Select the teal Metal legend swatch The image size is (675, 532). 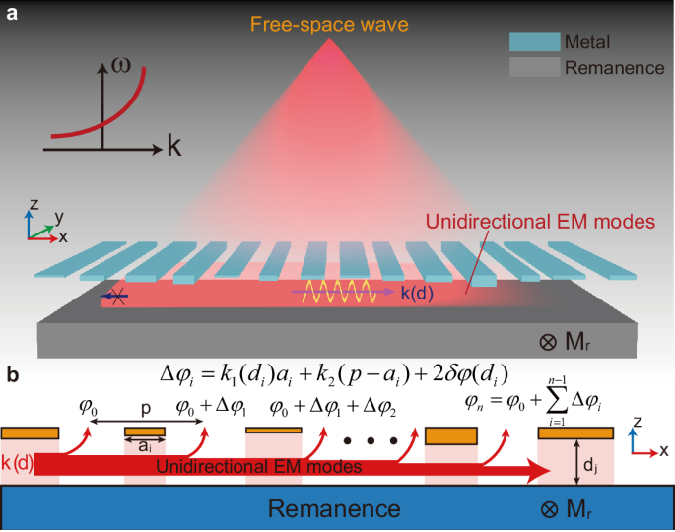tap(533, 42)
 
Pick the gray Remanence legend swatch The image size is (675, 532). tap(533, 68)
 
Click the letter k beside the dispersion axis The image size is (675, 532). tap(173, 148)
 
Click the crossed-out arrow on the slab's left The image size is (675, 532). tap(116, 293)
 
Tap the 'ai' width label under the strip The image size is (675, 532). tap(144, 447)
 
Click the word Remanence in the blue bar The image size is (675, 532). tap(335, 508)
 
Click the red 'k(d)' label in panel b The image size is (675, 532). tap(20, 461)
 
